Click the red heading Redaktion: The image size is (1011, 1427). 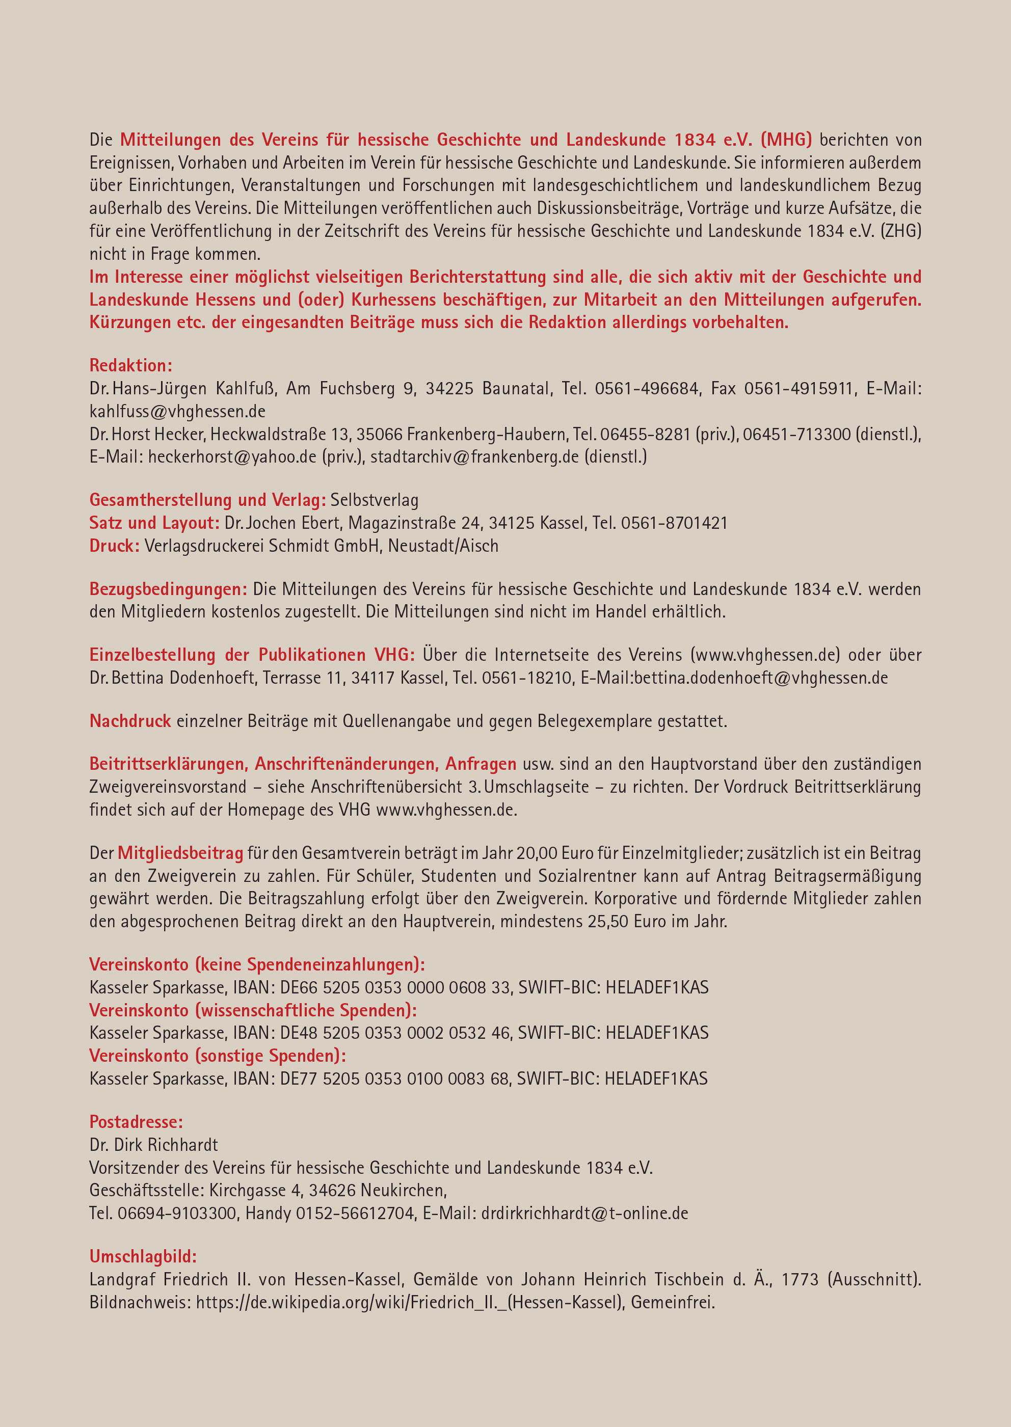coord(131,365)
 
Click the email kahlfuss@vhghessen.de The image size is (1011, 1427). coord(177,411)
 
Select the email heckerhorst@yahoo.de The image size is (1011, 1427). coord(232,457)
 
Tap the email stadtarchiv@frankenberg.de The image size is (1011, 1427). coord(474,457)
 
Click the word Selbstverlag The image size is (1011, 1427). coord(374,500)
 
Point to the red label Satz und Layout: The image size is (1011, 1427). coord(154,523)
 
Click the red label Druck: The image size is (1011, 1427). coord(114,546)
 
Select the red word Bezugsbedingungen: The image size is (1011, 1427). coord(168,589)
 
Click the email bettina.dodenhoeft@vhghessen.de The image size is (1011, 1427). coord(761,678)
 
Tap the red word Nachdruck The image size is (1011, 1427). coord(130,721)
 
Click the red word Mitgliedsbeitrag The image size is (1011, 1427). coord(180,853)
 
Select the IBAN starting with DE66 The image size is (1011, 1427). coord(395,988)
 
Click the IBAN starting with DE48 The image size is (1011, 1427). coord(395,1033)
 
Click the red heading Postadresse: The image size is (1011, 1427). coord(136,1121)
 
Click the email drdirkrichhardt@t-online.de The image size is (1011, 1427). coord(584,1213)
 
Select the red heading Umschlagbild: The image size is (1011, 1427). coord(143,1256)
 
